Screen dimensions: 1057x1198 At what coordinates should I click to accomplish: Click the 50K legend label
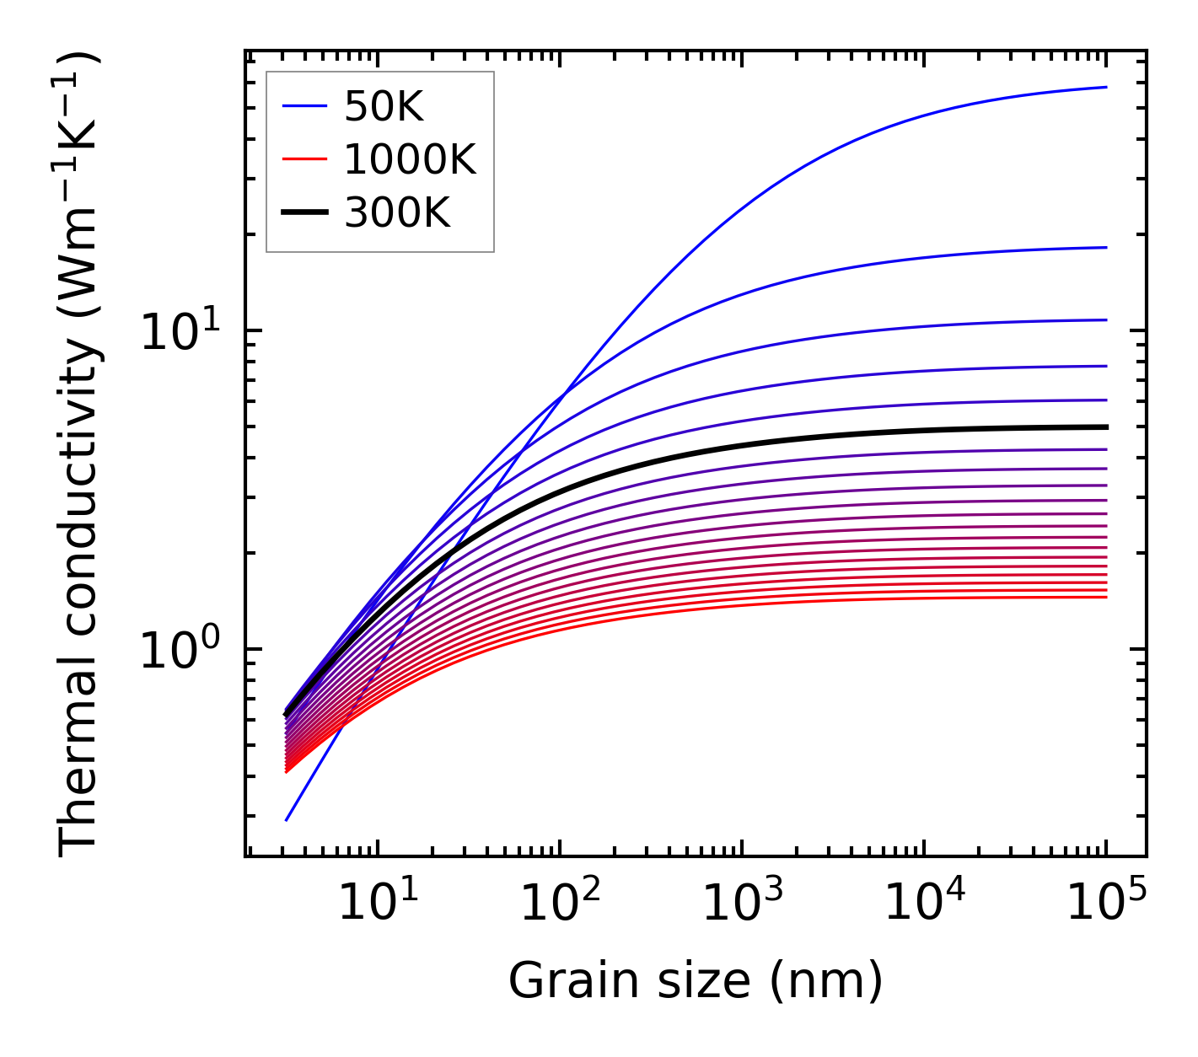click(x=384, y=106)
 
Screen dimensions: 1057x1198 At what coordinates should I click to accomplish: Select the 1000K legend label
click(x=410, y=159)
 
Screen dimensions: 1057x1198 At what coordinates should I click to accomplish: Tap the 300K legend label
click(x=397, y=213)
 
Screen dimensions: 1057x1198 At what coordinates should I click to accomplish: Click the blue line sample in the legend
click(x=304, y=106)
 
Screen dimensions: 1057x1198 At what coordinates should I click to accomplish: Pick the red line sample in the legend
click(x=304, y=159)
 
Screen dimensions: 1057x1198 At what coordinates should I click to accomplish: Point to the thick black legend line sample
click(x=304, y=213)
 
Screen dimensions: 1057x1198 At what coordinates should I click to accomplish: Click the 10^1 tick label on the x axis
click(x=377, y=905)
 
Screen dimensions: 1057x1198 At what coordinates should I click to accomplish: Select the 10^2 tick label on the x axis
click(x=559, y=905)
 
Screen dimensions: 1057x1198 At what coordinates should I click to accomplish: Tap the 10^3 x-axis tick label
click(x=741, y=905)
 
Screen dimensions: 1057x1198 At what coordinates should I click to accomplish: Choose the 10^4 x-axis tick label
click(x=923, y=905)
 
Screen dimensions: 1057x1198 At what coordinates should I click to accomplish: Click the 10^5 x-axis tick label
click(x=1105, y=905)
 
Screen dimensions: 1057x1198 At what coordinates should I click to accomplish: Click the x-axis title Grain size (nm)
click(x=696, y=981)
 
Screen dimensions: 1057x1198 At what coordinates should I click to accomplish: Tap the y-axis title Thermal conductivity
click(x=80, y=453)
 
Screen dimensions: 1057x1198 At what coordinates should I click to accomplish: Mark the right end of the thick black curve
click(x=1105, y=427)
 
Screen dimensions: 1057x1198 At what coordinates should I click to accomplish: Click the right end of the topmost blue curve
click(x=1105, y=87)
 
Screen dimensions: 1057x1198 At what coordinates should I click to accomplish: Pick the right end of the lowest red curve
click(x=1105, y=598)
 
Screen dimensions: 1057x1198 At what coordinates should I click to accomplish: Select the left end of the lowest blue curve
click(x=287, y=819)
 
